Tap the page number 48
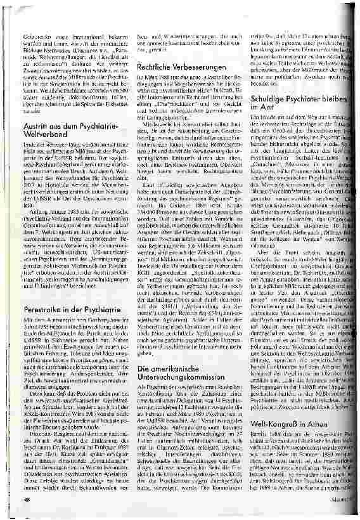click(27, 500)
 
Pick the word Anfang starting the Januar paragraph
click(34, 227)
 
